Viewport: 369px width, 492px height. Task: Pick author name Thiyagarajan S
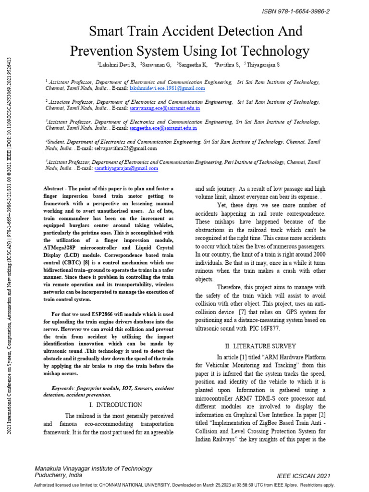(264, 64)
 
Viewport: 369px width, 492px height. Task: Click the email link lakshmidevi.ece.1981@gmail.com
(167, 88)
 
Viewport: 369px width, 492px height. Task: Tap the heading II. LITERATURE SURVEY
(260, 346)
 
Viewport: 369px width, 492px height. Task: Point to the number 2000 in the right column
(317, 254)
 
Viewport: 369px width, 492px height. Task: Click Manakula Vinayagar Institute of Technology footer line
(94, 468)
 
